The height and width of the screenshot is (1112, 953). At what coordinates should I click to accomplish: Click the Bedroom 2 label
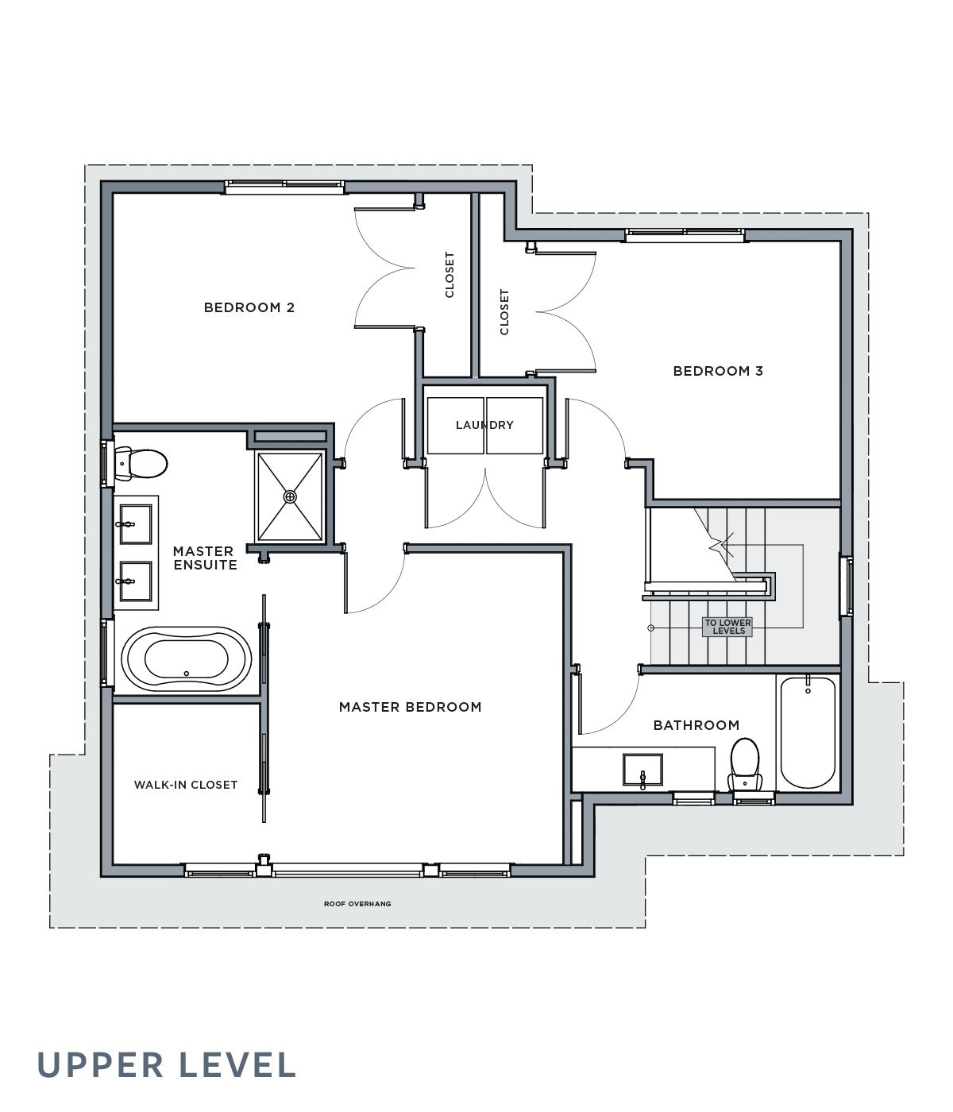249,307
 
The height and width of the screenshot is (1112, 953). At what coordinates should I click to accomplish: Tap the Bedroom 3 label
718,371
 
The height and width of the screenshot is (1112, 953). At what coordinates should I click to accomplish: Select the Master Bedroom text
410,707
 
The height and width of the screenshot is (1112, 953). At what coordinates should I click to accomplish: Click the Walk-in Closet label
185,785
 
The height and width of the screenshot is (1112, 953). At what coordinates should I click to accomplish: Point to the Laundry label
484,425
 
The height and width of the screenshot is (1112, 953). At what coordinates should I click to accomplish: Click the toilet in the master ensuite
141,463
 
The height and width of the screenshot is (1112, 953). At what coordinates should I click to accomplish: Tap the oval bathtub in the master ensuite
187,658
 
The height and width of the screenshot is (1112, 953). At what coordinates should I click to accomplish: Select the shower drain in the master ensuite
290,496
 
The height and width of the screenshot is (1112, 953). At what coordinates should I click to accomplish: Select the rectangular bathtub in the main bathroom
808,732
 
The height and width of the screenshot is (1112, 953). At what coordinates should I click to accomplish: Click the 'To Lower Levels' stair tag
727,627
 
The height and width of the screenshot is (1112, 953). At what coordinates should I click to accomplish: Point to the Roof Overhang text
357,904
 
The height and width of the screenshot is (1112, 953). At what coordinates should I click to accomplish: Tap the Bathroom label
696,725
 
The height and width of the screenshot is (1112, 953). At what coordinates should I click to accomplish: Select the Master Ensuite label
204,558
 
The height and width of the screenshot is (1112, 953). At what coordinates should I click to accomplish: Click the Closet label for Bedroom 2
449,275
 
